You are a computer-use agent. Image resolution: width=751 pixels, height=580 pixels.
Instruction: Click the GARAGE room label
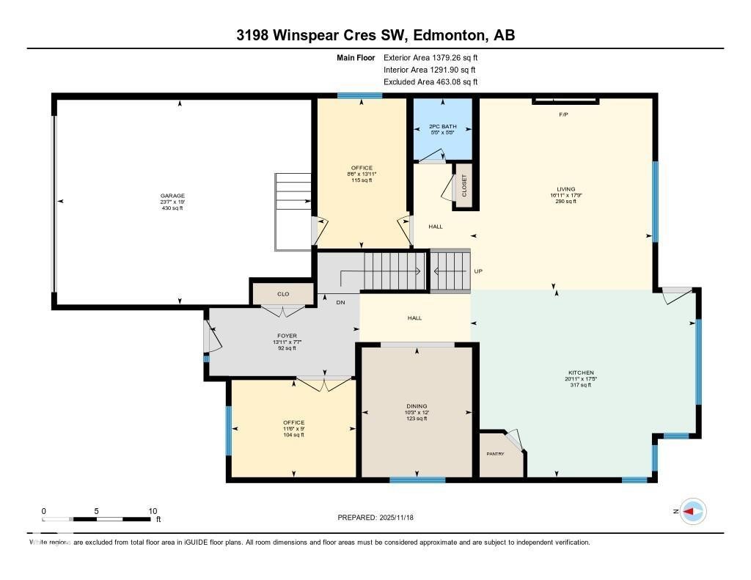click(172, 196)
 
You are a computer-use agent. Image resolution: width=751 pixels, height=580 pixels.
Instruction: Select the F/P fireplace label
click(563, 114)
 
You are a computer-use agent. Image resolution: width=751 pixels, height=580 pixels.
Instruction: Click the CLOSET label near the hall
click(464, 186)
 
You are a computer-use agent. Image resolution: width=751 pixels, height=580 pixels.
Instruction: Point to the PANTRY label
click(496, 454)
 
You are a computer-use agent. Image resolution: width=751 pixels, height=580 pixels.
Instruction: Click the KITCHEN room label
click(579, 372)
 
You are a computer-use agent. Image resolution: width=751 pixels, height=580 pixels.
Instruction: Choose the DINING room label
click(417, 406)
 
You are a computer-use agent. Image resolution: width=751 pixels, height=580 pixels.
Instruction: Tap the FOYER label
click(282, 335)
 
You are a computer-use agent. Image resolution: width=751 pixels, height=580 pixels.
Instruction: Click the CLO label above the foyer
click(283, 294)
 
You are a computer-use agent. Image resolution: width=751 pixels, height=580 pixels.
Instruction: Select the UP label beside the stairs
click(478, 271)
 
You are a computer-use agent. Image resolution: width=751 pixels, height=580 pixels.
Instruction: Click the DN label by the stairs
click(340, 301)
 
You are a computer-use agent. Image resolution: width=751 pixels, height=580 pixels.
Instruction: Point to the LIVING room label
click(565, 189)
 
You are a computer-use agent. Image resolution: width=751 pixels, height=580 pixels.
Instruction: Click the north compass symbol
click(692, 511)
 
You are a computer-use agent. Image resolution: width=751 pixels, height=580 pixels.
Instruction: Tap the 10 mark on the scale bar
click(153, 511)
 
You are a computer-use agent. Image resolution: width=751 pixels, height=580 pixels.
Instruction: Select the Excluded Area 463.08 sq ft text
click(431, 82)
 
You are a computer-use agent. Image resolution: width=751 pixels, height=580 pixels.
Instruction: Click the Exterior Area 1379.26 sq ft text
click(431, 57)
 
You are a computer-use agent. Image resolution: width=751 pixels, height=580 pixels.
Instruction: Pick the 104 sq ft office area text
click(293, 435)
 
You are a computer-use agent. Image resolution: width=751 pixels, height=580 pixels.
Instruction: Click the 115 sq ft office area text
click(362, 180)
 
